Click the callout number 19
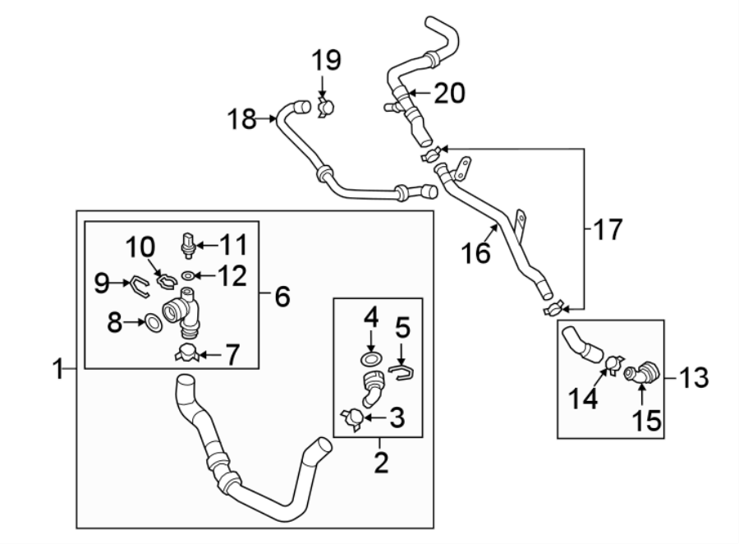[327, 61]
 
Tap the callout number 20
[448, 94]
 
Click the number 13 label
[694, 378]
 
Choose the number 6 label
[282, 296]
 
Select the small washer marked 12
[189, 275]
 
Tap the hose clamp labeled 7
[189, 354]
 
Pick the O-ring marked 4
[371, 358]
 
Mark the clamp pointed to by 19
[327, 105]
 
